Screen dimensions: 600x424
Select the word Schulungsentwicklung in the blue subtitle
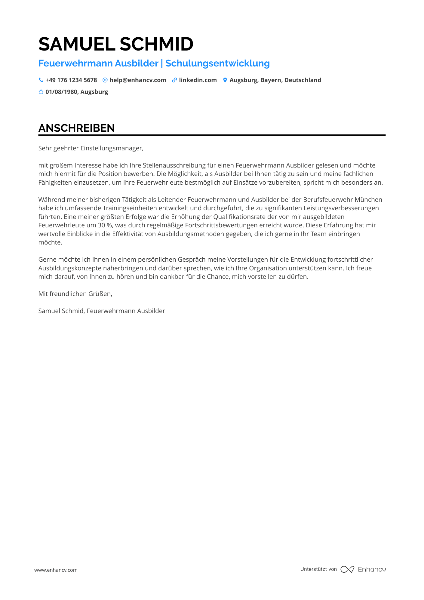tap(217, 63)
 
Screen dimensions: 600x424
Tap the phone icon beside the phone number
tap(41, 80)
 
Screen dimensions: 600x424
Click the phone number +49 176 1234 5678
tap(71, 80)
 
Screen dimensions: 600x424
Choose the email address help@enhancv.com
tap(138, 80)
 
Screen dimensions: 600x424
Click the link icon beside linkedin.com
tap(174, 80)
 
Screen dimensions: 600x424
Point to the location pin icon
tap(225, 80)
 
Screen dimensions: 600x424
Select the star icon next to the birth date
tap(41, 92)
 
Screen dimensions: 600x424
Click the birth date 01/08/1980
tap(61, 92)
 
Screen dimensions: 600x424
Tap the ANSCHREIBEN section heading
tap(76, 128)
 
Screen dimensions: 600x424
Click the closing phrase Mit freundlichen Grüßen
tap(75, 294)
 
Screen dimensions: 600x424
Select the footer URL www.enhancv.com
tap(56, 570)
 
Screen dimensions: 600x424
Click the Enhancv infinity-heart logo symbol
tap(347, 569)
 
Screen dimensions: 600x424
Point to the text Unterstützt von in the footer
tap(318, 569)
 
